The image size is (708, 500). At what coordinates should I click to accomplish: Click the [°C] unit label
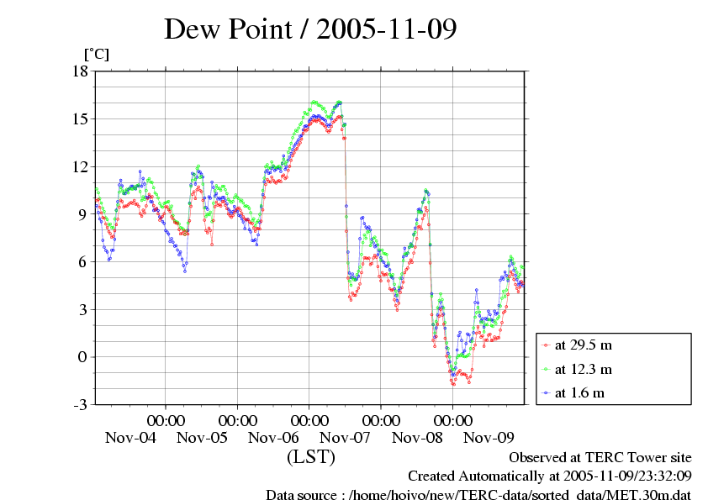pos(96,55)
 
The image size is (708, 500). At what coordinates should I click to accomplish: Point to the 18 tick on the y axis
pos(80,71)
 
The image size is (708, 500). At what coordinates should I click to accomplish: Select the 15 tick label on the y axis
pos(80,118)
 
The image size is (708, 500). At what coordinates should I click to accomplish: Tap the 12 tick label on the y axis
pos(80,166)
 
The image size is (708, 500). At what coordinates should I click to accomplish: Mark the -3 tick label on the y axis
pos(80,405)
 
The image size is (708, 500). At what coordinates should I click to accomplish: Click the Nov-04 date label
pos(130,438)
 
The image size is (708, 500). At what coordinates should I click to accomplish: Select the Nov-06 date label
pos(274,438)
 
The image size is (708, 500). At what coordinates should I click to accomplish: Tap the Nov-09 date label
pos(489,438)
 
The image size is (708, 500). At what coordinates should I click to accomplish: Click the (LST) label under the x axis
pos(310,457)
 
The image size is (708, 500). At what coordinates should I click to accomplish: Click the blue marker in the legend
pos(547,392)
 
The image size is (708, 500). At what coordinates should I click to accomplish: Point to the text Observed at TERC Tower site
pos(600,458)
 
